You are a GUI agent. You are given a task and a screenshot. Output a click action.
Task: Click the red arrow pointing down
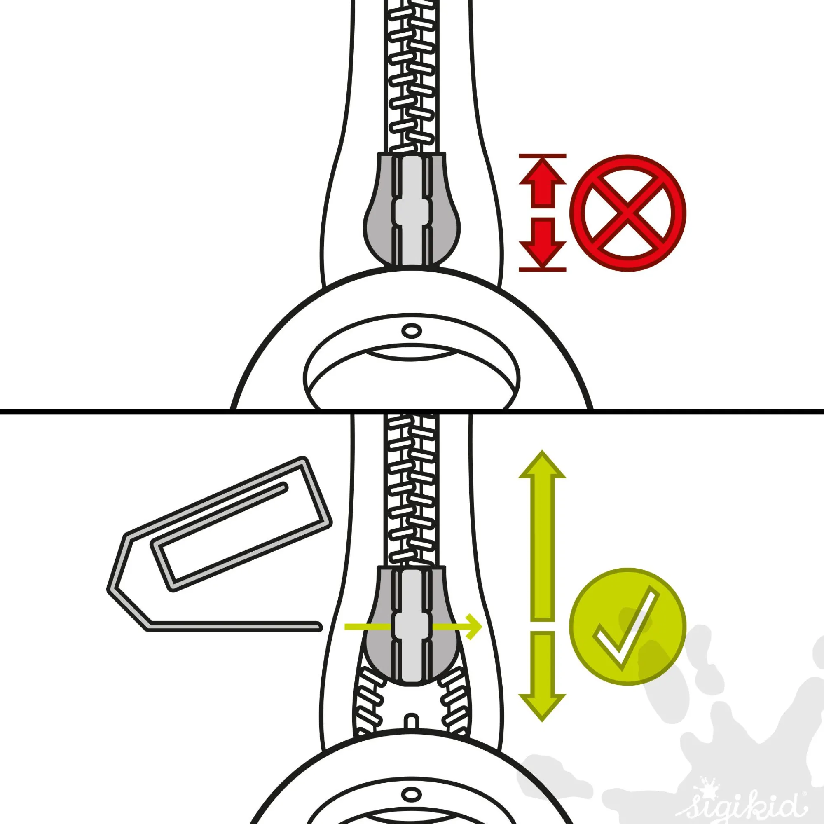[542, 241]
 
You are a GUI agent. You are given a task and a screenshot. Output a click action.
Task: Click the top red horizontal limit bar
[543, 156]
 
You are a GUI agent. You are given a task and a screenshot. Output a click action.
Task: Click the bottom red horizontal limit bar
[543, 269]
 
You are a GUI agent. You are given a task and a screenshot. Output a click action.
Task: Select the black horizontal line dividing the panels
[412, 411]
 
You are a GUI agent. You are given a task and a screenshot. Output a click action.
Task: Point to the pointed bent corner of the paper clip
[110, 590]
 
